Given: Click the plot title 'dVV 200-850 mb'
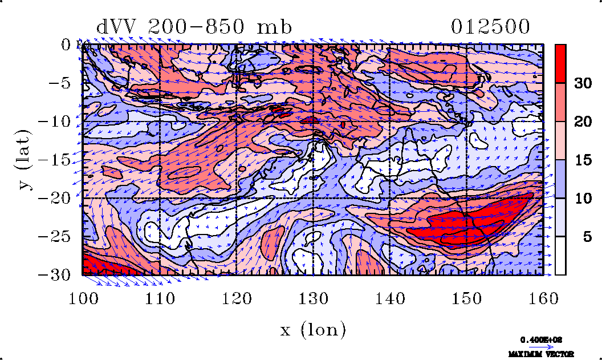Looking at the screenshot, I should pos(194,27).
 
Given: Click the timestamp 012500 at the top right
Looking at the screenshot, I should pos(490,27).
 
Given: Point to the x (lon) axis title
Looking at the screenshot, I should pos(313,329).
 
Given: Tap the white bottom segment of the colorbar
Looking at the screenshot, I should pos(561,256).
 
